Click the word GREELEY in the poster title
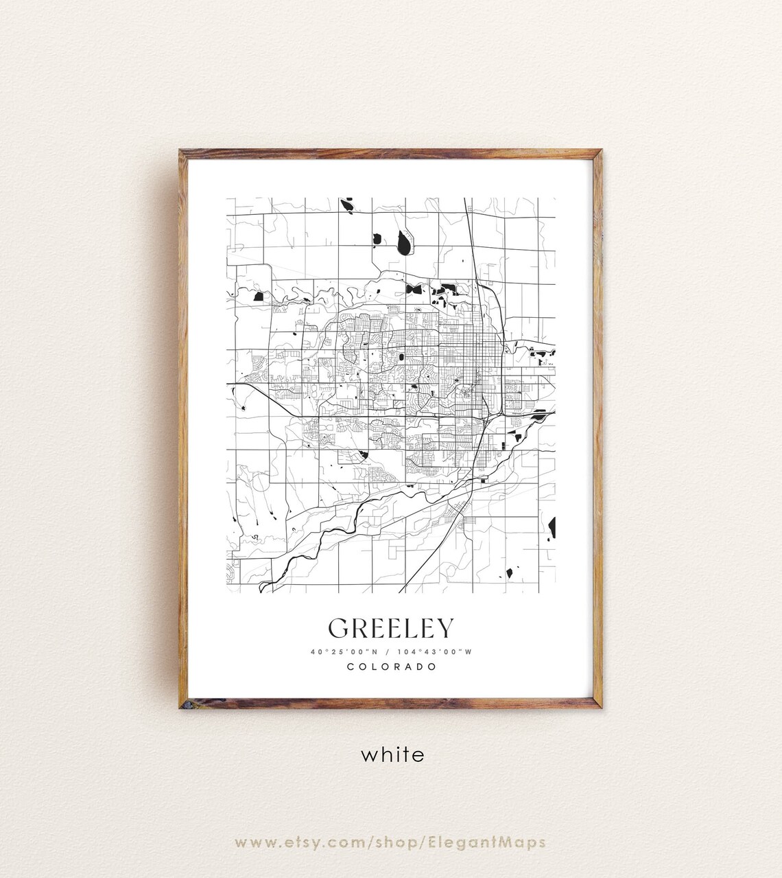click(x=391, y=628)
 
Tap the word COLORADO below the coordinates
click(x=392, y=667)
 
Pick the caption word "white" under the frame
click(x=392, y=755)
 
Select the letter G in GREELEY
click(x=338, y=628)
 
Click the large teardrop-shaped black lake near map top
click(x=403, y=242)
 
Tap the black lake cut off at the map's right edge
click(x=552, y=528)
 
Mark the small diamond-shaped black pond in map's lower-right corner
click(x=510, y=573)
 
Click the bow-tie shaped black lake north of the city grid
click(x=414, y=289)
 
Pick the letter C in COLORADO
click(x=351, y=667)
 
